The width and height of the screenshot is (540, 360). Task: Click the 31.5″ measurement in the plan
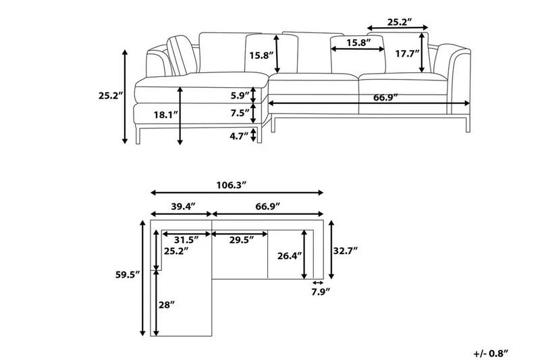click(185, 239)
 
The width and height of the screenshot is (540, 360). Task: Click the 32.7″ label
click(344, 249)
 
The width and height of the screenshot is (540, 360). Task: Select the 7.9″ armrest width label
click(319, 291)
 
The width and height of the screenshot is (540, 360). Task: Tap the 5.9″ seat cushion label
click(239, 95)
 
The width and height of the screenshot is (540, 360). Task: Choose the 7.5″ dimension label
click(239, 113)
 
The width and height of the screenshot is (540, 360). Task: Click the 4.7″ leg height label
click(238, 136)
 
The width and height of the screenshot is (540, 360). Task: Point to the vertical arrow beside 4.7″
click(254, 135)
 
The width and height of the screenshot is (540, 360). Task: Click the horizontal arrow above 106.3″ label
click(236, 193)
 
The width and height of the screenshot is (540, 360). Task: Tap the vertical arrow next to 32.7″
click(331, 249)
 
